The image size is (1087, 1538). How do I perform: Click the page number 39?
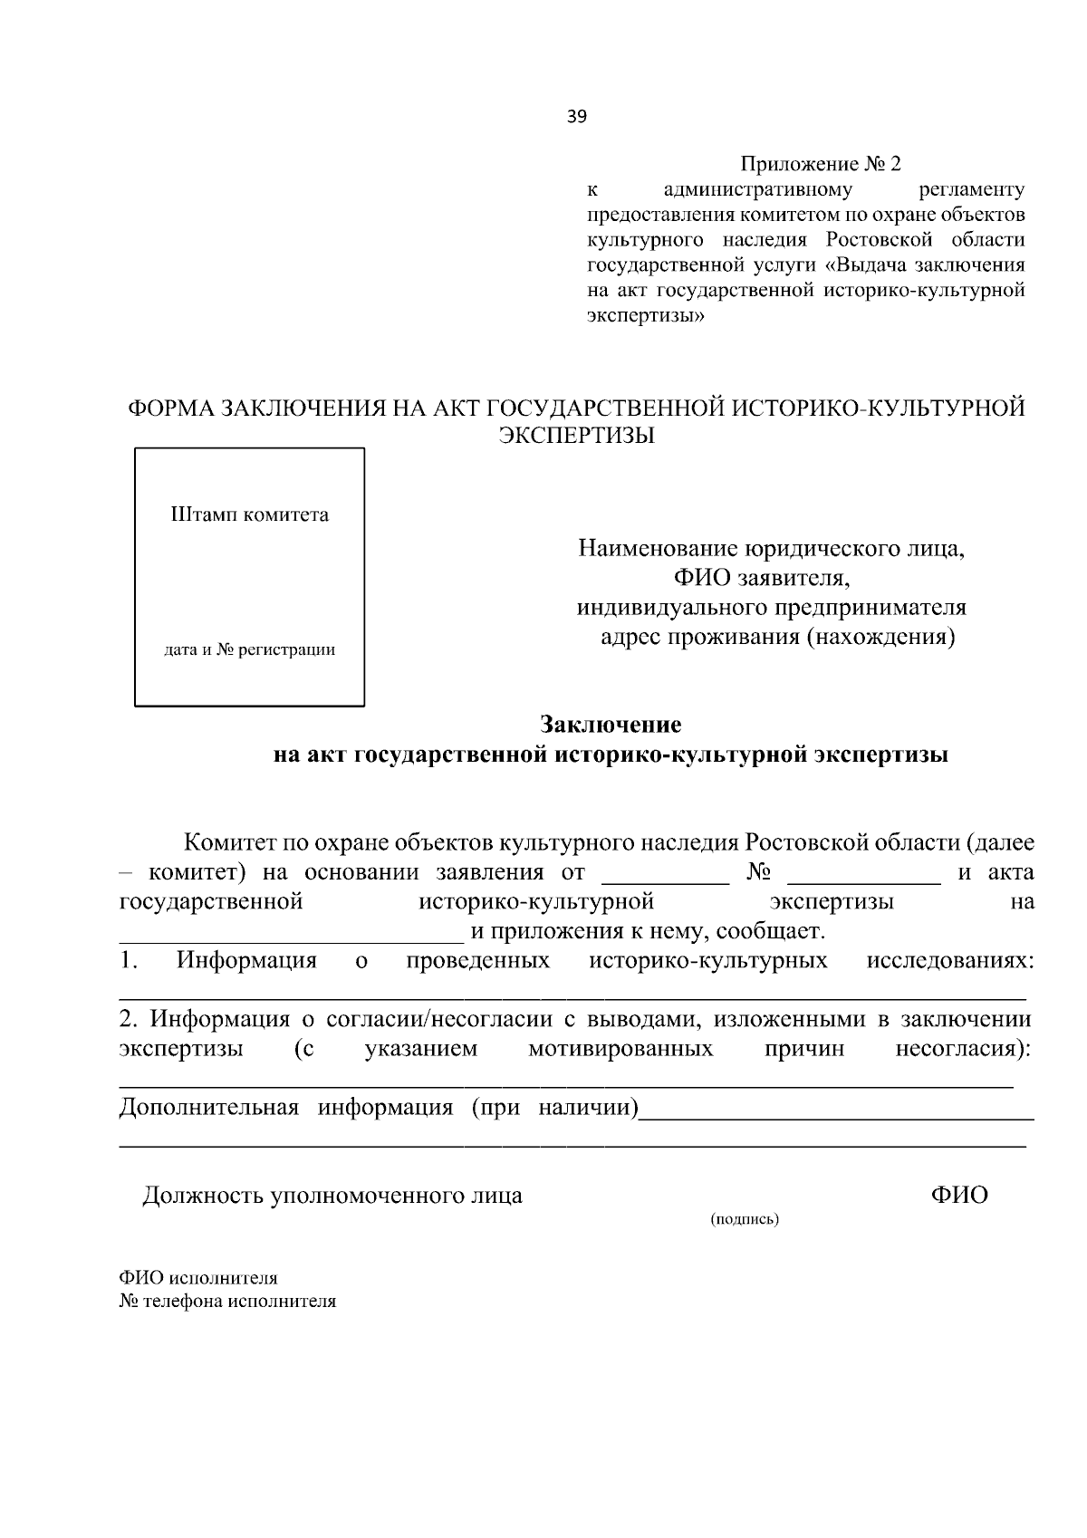[x=577, y=116]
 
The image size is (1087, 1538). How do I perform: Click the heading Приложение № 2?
[x=822, y=164]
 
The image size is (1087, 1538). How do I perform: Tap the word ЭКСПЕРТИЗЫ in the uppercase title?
[x=577, y=435]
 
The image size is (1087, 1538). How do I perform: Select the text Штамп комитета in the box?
[x=250, y=515]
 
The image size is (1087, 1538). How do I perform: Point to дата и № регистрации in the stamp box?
[x=249, y=649]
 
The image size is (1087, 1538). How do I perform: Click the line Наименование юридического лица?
[x=772, y=549]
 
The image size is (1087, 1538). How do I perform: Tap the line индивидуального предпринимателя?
[x=772, y=607]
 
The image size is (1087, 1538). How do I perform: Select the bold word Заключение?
[x=611, y=725]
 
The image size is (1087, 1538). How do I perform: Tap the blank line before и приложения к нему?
[x=285, y=937]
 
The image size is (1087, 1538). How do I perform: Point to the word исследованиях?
[x=949, y=960]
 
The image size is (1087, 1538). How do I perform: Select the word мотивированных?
[x=620, y=1049]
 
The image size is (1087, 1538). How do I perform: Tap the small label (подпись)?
[x=745, y=1219]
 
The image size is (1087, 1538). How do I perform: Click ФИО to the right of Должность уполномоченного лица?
[x=959, y=1195]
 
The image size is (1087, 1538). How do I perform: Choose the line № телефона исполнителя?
[x=227, y=1302]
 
